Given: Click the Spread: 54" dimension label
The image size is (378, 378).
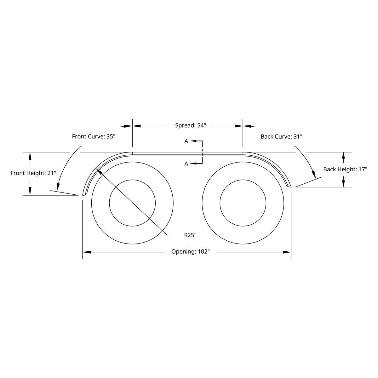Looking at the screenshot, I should pyautogui.click(x=190, y=126).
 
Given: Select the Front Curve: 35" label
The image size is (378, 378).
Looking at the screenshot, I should pyautogui.click(x=94, y=136).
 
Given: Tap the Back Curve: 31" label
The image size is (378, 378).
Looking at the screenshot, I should pyautogui.click(x=281, y=136).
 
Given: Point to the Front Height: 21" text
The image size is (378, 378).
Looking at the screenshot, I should pyautogui.click(x=33, y=173).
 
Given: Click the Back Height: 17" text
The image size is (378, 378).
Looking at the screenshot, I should pyautogui.click(x=345, y=169).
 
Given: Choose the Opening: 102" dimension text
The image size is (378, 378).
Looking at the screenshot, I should pyautogui.click(x=190, y=252).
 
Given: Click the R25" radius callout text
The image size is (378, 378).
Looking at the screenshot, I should pyautogui.click(x=190, y=235).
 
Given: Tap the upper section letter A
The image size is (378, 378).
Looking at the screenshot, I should pyautogui.click(x=186, y=141).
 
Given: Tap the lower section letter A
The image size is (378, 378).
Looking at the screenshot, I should pyautogui.click(x=186, y=163).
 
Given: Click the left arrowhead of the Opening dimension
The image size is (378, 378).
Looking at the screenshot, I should pyautogui.click(x=86, y=252).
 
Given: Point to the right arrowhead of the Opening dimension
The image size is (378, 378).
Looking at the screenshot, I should pyautogui.click(x=287, y=252).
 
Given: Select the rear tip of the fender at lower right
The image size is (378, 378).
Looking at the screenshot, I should pyautogui.click(x=289, y=186).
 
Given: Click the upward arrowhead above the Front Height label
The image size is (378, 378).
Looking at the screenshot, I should pyautogui.click(x=30, y=156).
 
